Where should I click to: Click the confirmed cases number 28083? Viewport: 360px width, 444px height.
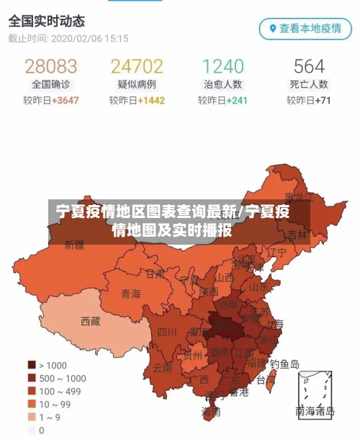coord(50,66)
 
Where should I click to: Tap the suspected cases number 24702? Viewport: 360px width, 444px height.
coord(137,66)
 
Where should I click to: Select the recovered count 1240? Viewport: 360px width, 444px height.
coord(222,66)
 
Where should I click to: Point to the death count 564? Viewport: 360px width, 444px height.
coord(309,66)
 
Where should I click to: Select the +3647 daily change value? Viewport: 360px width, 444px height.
coord(64,100)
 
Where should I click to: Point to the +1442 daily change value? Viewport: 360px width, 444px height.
coord(150,100)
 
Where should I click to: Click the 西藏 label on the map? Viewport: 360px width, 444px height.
coord(91,321)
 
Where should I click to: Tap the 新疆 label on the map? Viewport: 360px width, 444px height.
coord(74,245)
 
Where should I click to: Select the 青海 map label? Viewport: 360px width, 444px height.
coord(131,293)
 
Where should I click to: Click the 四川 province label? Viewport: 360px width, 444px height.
coord(167,332)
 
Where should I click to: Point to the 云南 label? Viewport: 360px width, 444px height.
coord(163,366)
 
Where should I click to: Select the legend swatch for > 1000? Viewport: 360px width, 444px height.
coord(32,365)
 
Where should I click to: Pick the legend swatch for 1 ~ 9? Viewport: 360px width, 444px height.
coord(32,417)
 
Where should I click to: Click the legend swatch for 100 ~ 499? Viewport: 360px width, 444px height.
coord(32,391)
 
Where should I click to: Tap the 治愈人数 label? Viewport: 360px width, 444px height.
coord(222,84)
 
